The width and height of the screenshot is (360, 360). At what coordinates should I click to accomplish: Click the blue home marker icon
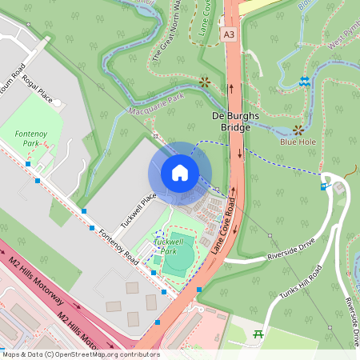[x=180, y=173]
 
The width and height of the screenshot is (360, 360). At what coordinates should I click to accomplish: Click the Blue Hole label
[x=298, y=142]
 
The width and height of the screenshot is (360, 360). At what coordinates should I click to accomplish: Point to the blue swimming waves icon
[x=304, y=82]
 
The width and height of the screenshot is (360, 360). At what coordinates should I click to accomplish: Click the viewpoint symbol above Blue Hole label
[x=298, y=129]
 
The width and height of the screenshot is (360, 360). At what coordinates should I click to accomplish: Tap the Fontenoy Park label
[x=31, y=138]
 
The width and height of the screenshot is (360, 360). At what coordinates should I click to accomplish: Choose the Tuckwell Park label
[x=169, y=245]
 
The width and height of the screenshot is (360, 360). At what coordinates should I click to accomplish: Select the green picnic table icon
[x=258, y=334]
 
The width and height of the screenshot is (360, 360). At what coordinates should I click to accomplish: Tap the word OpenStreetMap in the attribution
[x=88, y=354]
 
